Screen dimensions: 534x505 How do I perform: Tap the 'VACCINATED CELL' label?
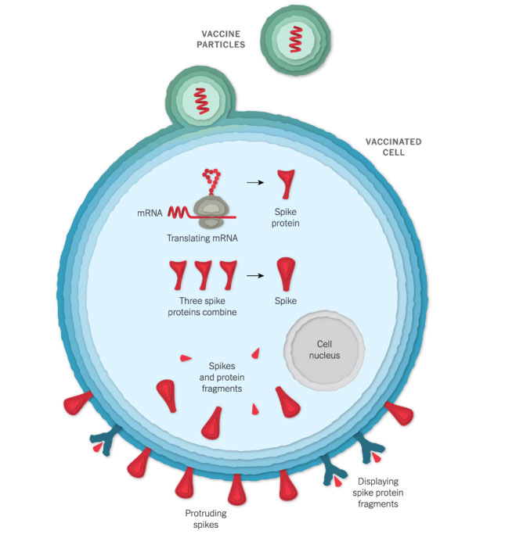coord(393,147)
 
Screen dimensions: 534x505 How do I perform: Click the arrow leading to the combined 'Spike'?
coord(253,275)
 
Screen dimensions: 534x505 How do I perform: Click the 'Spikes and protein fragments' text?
coord(225,377)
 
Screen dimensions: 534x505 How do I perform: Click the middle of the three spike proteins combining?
coord(203,274)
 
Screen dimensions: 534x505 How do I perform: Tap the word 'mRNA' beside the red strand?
coord(148,212)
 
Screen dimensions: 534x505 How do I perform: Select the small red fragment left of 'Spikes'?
coord(185,358)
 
